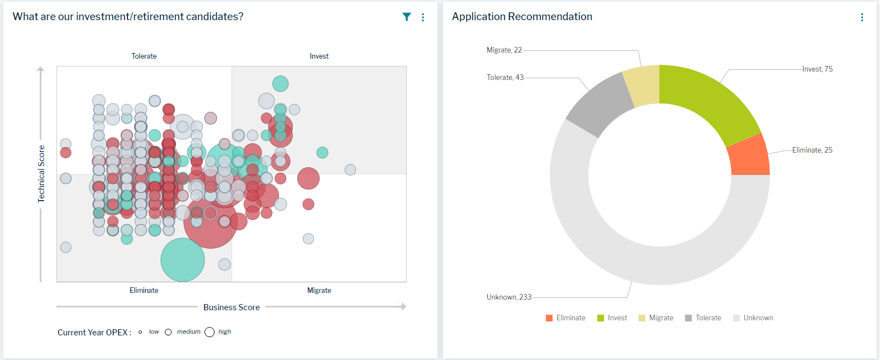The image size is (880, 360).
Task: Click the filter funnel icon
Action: [x=407, y=17]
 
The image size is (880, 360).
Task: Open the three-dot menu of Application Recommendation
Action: [x=862, y=17]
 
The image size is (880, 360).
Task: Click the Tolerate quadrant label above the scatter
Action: [x=144, y=56]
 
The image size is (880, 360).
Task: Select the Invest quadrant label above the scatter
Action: [x=319, y=56]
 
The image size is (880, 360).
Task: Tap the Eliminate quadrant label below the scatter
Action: [x=144, y=290]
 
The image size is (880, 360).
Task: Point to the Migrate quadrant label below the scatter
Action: [x=319, y=290]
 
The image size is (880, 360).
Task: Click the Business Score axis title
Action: [x=231, y=307]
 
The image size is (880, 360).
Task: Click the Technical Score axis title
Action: [x=41, y=174]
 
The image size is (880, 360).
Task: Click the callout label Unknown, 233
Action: [x=509, y=297]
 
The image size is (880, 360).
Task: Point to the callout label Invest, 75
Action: [x=817, y=69]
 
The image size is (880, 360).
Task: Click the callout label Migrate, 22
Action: [x=504, y=50]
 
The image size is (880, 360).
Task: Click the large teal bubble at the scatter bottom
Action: [x=183, y=260]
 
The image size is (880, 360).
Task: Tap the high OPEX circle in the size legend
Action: [x=210, y=332]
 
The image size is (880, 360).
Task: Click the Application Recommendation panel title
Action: [x=522, y=17]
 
